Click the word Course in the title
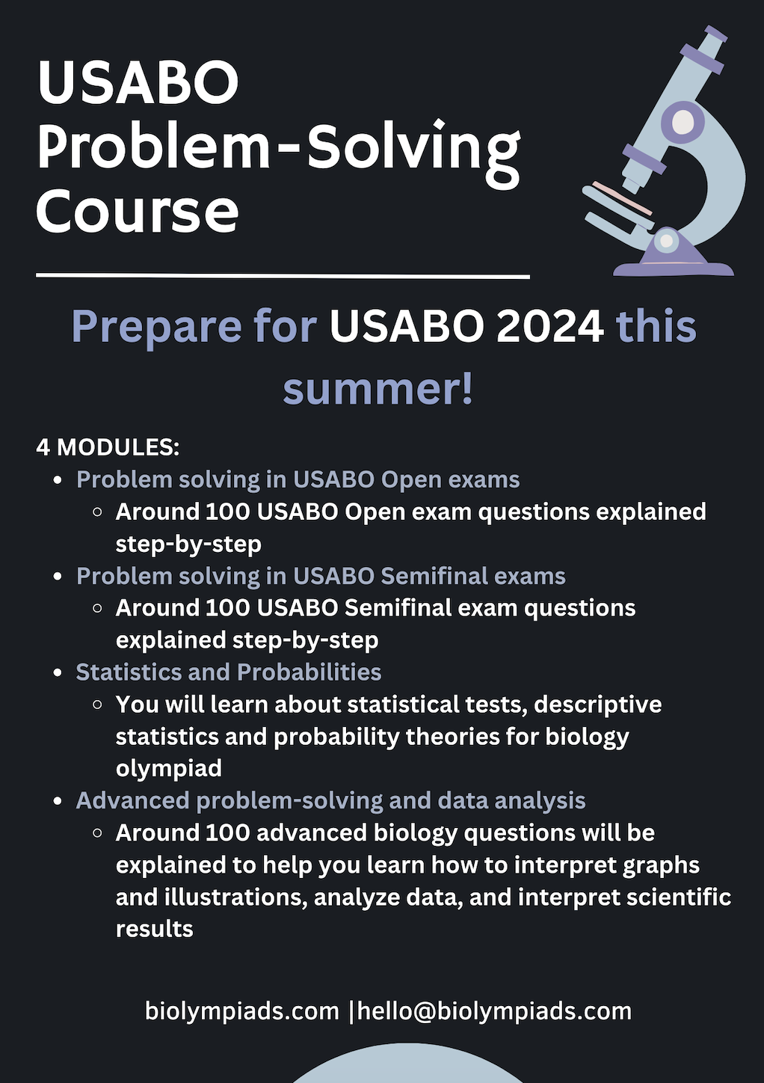[x=138, y=211]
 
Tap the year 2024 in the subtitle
[x=550, y=326]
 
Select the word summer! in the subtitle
[x=378, y=389]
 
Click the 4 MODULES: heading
[x=108, y=447]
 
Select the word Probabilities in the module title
[x=309, y=672]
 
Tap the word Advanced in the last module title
[x=132, y=800]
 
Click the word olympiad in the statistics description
[x=169, y=769]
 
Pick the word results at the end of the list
[x=155, y=929]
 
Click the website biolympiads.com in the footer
[x=242, y=1011]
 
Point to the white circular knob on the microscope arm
[x=683, y=121]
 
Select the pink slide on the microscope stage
[x=622, y=198]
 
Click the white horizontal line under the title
[x=283, y=276]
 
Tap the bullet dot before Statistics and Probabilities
[x=58, y=673]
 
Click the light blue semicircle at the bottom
[x=408, y=1064]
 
